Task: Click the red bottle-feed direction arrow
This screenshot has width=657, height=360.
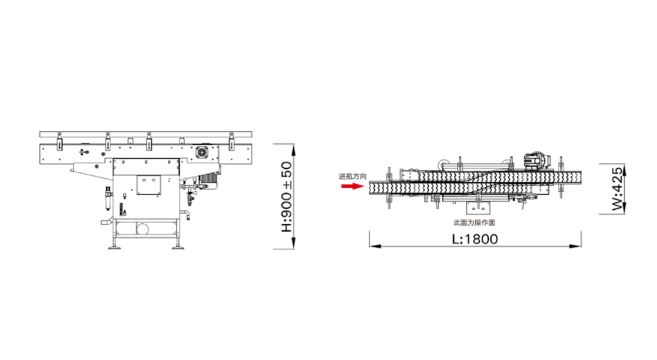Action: click(x=352, y=186)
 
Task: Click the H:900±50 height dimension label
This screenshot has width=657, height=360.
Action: click(x=287, y=197)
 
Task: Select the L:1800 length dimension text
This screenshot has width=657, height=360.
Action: click(x=475, y=239)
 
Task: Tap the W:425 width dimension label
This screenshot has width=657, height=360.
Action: click(x=617, y=189)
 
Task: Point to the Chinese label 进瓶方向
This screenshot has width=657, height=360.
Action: click(x=353, y=176)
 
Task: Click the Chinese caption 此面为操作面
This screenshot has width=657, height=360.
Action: click(x=475, y=222)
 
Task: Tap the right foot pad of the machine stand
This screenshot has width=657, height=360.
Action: click(x=178, y=248)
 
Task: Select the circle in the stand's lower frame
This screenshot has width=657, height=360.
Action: click(x=143, y=229)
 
